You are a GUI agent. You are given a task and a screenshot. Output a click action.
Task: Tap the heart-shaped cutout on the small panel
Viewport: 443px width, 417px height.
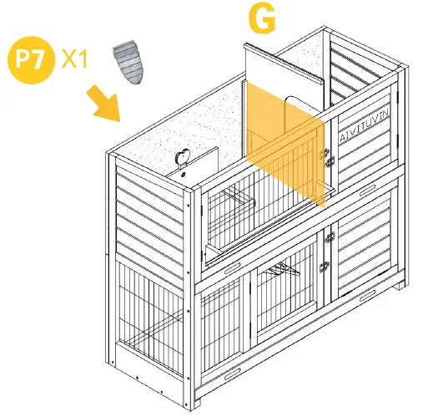pyautogui.click(x=183, y=157)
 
